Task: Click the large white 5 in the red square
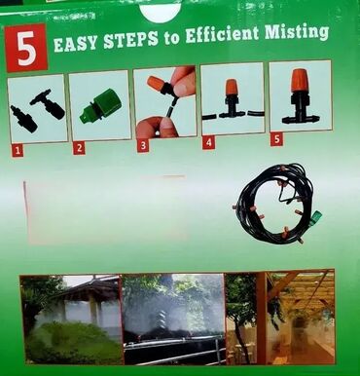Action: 26,48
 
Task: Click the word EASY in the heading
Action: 75,43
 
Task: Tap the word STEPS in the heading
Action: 131,40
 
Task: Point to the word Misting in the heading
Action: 297,32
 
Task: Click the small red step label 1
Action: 18,151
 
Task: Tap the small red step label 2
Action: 79,148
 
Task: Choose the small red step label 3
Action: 143,146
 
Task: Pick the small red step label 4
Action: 208,143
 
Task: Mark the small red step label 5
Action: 276,140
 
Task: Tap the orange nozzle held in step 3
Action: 158,84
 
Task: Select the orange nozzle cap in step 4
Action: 232,87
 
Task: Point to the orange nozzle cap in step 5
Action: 300,80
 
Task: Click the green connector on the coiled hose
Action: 315,218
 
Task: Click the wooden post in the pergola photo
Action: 261,319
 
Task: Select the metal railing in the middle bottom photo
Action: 175,352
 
